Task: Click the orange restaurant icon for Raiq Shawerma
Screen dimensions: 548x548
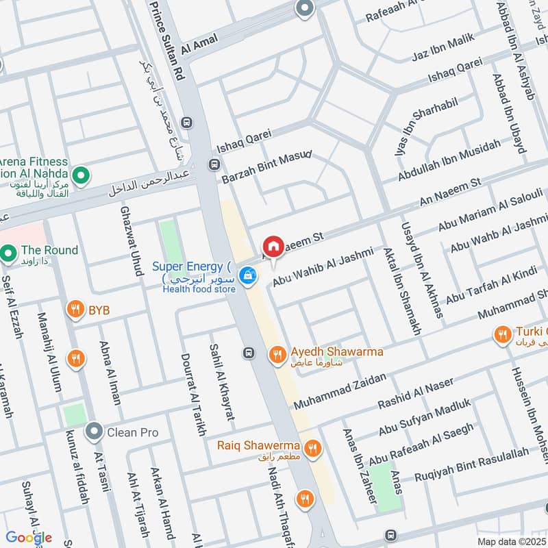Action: click(312, 448)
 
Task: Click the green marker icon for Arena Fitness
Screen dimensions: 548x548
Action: click(82, 176)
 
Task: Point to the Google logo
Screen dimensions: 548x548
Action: click(29, 537)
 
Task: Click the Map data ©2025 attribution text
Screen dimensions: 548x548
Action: click(511, 541)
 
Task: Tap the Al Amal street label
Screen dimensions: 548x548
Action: click(200, 43)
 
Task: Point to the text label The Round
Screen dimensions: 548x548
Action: click(49, 250)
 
